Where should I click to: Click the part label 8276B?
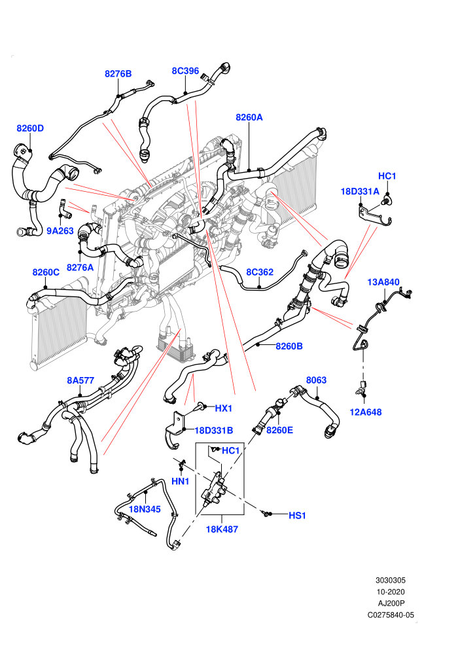point(118,73)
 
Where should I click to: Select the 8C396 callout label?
point(185,71)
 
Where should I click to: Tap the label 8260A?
point(249,117)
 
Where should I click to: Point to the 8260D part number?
point(30,128)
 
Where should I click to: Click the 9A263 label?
point(60,231)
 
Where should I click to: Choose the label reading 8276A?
point(80,268)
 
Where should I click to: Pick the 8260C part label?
point(46,272)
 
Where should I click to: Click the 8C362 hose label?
point(260,272)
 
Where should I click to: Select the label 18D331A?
point(360,191)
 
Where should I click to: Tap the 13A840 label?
point(383,282)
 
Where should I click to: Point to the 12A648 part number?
point(366,412)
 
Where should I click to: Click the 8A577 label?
point(80,380)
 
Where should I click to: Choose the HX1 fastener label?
point(223,408)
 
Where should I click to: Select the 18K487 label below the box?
point(222,529)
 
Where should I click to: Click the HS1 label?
point(297,515)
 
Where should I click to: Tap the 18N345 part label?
point(145,509)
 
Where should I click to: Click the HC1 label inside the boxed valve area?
point(231,450)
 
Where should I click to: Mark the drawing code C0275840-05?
point(391,615)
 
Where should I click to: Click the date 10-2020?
point(391,592)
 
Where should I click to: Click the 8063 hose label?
point(316,380)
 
